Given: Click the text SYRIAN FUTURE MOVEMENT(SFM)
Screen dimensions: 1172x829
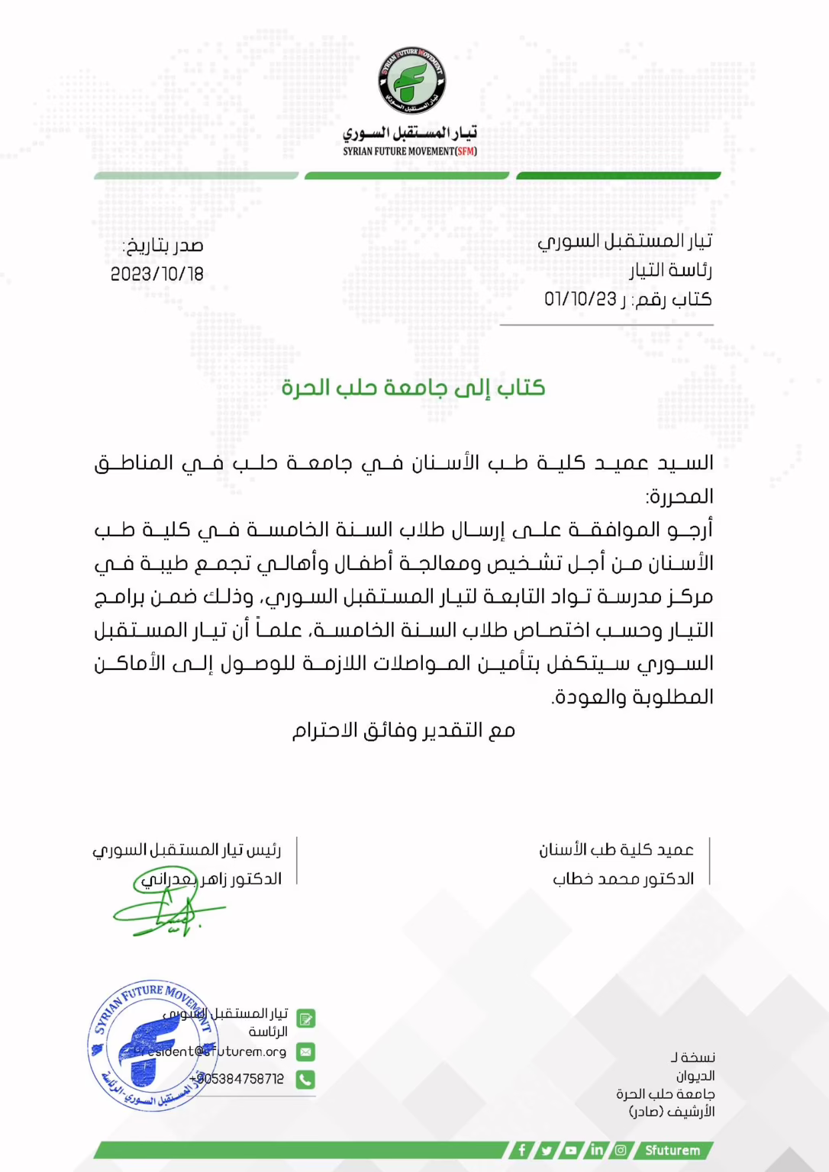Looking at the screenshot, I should click(x=410, y=151).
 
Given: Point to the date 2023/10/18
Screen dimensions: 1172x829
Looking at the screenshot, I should click(x=157, y=274).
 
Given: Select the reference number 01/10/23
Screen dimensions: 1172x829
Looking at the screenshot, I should click(x=580, y=299).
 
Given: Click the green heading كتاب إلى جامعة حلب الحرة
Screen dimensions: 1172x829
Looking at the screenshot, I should click(x=413, y=388).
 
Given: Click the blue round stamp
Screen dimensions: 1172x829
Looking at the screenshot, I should click(x=153, y=1045).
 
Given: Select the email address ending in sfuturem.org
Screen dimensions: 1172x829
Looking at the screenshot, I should click(x=211, y=1051).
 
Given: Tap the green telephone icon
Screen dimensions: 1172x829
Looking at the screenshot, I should click(x=305, y=1079).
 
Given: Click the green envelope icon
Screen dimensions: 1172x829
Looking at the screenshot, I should click(x=305, y=1051).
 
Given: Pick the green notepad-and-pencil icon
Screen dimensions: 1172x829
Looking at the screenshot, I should click(x=305, y=1019).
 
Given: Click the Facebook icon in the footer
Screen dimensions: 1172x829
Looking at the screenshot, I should click(x=522, y=1150).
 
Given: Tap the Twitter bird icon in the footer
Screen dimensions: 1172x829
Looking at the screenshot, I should click(x=547, y=1150).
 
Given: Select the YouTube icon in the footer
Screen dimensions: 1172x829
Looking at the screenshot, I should click(x=571, y=1150).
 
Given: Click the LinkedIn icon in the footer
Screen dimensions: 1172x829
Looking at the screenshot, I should click(x=596, y=1150).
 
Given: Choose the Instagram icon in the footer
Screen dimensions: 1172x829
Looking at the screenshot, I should click(x=621, y=1150).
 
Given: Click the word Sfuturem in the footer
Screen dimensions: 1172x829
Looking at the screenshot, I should click(x=672, y=1150).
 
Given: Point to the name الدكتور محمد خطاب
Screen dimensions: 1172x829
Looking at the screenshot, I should click(x=623, y=879).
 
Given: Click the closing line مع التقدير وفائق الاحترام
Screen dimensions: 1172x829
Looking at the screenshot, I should click(x=404, y=730).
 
